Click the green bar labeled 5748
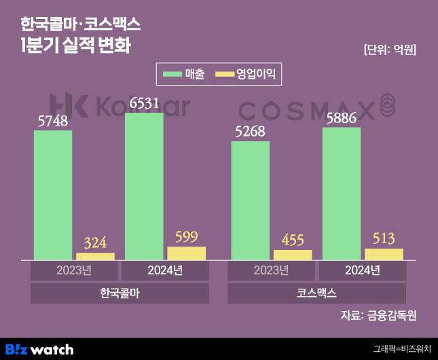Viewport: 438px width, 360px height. point(52,195)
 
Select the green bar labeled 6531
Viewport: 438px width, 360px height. point(144,186)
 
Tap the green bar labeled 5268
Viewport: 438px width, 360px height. point(250,200)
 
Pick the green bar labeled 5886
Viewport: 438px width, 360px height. point(341,194)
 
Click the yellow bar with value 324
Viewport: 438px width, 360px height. point(95,256)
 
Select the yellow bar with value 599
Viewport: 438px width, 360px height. point(186,253)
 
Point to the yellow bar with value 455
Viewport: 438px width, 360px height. point(293,255)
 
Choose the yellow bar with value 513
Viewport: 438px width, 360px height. point(384,254)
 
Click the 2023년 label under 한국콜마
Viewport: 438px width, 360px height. point(74,271)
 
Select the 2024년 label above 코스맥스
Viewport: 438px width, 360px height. point(363,271)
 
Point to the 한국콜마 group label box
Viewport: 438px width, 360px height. point(120,293)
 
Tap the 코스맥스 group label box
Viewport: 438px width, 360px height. point(316,293)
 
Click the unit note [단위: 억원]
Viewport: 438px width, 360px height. point(390,50)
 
